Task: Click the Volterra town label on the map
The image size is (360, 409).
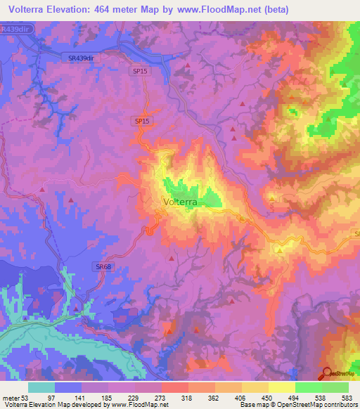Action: (x=179, y=202)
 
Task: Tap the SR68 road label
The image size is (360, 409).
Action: (x=103, y=266)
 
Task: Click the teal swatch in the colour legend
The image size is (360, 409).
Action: (x=41, y=387)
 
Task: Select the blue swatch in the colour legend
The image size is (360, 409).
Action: (x=68, y=387)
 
